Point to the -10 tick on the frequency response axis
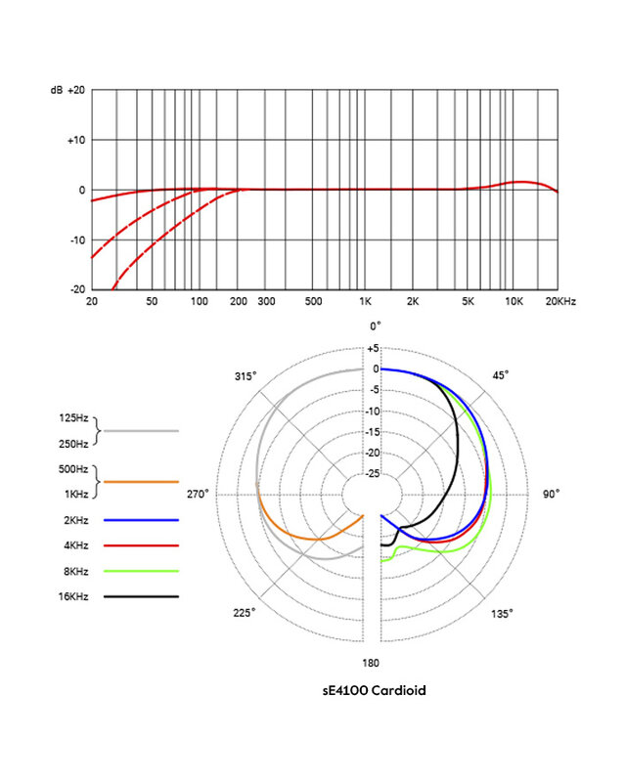[x=76, y=240]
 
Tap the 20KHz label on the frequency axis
[x=561, y=304]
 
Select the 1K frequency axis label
[x=365, y=304]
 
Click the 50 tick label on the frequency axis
[x=152, y=304]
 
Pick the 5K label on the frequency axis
[x=469, y=304]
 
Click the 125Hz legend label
[x=74, y=419]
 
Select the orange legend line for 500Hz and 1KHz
[x=141, y=481]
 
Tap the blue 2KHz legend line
[x=141, y=519]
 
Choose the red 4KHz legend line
[x=141, y=544]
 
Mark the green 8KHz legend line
[x=141, y=570]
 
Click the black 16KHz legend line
[x=141, y=595]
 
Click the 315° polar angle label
[x=245, y=376]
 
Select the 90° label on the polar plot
[x=551, y=495]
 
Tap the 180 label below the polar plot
[x=373, y=662]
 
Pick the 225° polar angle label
[x=245, y=613]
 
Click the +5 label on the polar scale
[x=373, y=348]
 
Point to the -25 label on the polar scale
[x=372, y=474]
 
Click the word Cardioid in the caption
[x=397, y=690]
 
